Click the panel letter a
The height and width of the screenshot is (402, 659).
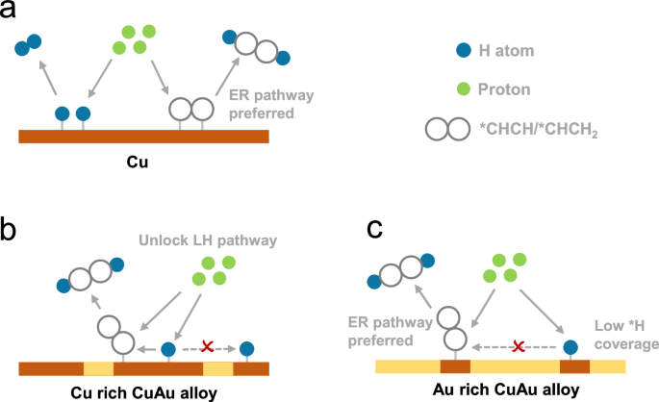(12, 12)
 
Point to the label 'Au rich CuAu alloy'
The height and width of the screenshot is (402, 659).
(510, 391)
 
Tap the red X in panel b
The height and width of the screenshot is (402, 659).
(206, 345)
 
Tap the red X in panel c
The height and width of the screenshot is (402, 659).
(519, 345)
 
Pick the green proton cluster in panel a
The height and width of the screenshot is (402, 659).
(133, 38)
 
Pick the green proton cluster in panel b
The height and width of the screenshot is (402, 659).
(217, 269)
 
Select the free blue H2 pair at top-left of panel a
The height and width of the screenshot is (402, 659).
(29, 42)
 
